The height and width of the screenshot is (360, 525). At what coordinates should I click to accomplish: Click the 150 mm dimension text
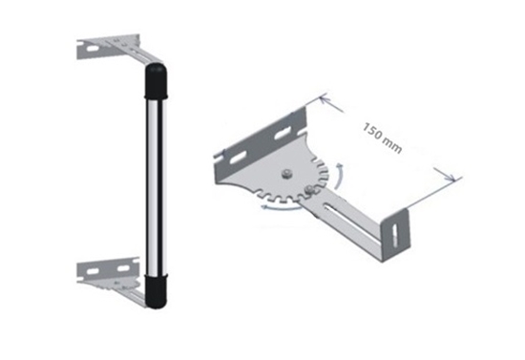coord(383,138)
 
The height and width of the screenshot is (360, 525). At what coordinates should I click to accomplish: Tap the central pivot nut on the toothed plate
coord(286,174)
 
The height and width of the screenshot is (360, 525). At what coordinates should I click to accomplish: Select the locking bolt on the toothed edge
coord(308,190)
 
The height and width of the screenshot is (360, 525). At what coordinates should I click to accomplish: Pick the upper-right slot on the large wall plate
coord(283,134)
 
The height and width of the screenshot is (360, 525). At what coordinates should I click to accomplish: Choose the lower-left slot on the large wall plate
coord(238,158)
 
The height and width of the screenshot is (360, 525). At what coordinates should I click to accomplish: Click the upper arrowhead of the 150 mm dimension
coord(325,99)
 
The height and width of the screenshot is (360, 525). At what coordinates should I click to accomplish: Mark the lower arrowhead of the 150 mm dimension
coord(450,177)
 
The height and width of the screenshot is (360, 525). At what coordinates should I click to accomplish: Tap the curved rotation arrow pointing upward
coord(340,174)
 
